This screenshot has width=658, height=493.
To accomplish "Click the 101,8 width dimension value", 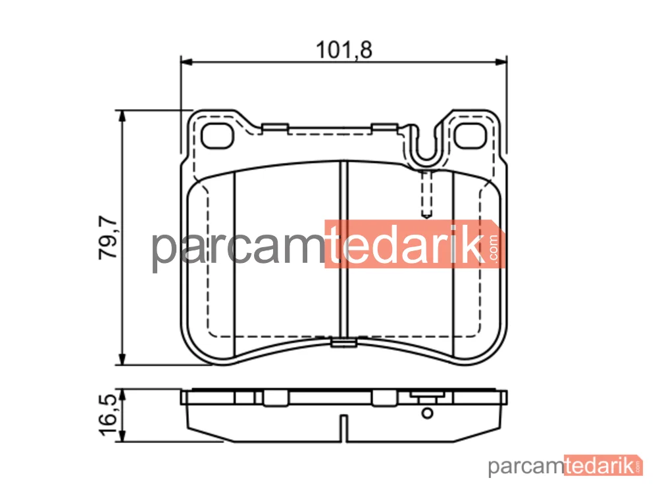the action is pos(343,50).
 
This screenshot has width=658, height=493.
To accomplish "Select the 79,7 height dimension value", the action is pos(108,238).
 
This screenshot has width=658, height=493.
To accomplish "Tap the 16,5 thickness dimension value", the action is pos(109,415).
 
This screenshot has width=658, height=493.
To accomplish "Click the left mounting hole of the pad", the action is pos(217,136).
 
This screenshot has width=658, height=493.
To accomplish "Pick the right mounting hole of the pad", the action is pos(470,136).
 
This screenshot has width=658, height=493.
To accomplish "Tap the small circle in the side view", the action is pos(427,413).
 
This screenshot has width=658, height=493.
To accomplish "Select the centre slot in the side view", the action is pos(343,429).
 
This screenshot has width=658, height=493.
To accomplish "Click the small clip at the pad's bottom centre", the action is pos(343,343).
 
